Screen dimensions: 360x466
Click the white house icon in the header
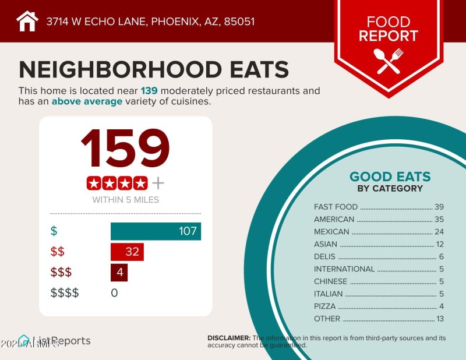pos(27,22)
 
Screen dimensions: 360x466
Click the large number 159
pos(125,149)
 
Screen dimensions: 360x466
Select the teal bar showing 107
pos(156,231)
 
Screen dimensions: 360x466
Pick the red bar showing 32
pos(127,252)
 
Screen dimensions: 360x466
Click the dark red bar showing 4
pos(119,272)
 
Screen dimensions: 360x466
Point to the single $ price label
pos(54,231)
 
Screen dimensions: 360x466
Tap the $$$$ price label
pos(65,292)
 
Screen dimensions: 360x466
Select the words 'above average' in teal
pos(87,101)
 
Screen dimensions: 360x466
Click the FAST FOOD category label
pos(336,207)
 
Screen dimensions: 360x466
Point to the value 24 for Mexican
pos(439,232)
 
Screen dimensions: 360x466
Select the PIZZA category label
pos(324,306)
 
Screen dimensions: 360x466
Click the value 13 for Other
pos(440,319)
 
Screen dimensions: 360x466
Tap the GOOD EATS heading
pos(390,177)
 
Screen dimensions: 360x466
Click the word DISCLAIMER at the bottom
pos(229,338)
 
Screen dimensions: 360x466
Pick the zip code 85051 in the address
pos(239,22)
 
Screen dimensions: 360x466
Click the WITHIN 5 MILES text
pos(125,200)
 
